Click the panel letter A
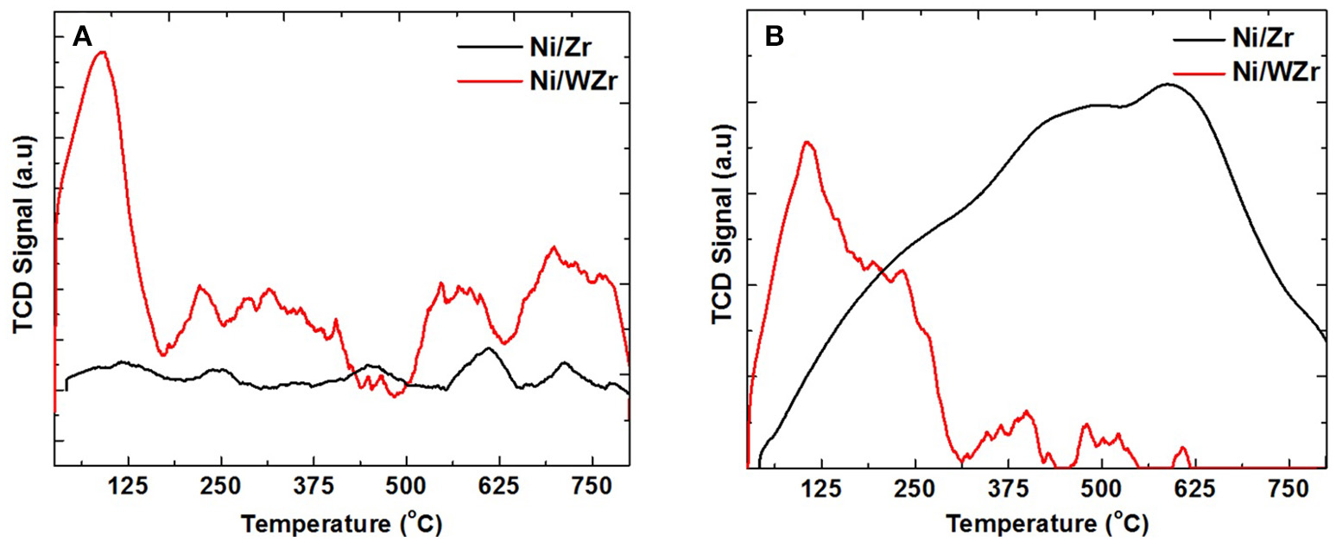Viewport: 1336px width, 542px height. tap(82, 36)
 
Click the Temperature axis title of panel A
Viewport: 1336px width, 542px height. tap(343, 523)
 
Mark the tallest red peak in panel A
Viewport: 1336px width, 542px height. tap(102, 52)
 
